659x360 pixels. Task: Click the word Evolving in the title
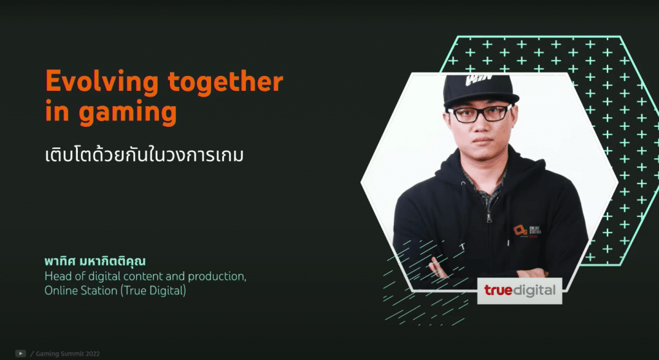click(102, 82)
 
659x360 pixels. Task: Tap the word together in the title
click(225, 82)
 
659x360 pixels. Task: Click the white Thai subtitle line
click(144, 155)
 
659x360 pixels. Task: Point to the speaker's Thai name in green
click(95, 261)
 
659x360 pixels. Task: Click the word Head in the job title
click(55, 277)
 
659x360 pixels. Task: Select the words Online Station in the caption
click(80, 290)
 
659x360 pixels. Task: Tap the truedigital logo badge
click(519, 290)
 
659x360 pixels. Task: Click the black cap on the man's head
click(481, 90)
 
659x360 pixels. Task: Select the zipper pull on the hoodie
click(488, 217)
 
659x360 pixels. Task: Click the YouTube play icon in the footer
click(21, 354)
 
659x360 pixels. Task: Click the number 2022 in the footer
click(93, 354)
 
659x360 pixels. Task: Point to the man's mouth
click(483, 140)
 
